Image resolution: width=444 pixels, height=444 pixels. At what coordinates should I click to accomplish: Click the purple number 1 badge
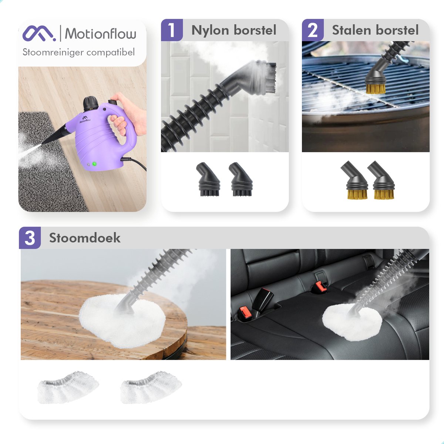point(172,30)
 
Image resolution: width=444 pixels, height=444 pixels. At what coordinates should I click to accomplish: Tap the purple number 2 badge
point(313,30)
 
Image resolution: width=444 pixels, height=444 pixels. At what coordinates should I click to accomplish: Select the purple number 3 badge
point(30,238)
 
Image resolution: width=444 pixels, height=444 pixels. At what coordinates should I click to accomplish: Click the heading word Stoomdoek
point(85,238)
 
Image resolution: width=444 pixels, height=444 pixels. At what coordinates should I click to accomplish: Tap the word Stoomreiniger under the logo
point(53,52)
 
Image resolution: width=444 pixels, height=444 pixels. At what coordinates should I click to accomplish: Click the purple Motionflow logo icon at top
point(39,33)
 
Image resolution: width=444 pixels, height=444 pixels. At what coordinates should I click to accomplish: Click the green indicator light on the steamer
point(94,164)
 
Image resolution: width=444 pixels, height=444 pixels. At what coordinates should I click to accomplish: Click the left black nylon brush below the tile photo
point(208,179)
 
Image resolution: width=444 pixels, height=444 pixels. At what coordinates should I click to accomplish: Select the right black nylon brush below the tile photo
point(240,179)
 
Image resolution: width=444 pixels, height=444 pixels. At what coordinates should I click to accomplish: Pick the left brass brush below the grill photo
point(354,180)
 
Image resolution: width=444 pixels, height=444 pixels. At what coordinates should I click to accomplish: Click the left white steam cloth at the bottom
point(68,387)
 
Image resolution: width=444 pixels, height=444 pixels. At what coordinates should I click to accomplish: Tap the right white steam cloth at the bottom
point(151,387)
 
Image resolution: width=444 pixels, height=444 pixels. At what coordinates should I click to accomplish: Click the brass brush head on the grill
point(376,89)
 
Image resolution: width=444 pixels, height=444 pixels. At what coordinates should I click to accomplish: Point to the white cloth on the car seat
point(352,322)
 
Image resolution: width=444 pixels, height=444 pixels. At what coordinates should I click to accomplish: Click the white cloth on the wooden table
point(122,321)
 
